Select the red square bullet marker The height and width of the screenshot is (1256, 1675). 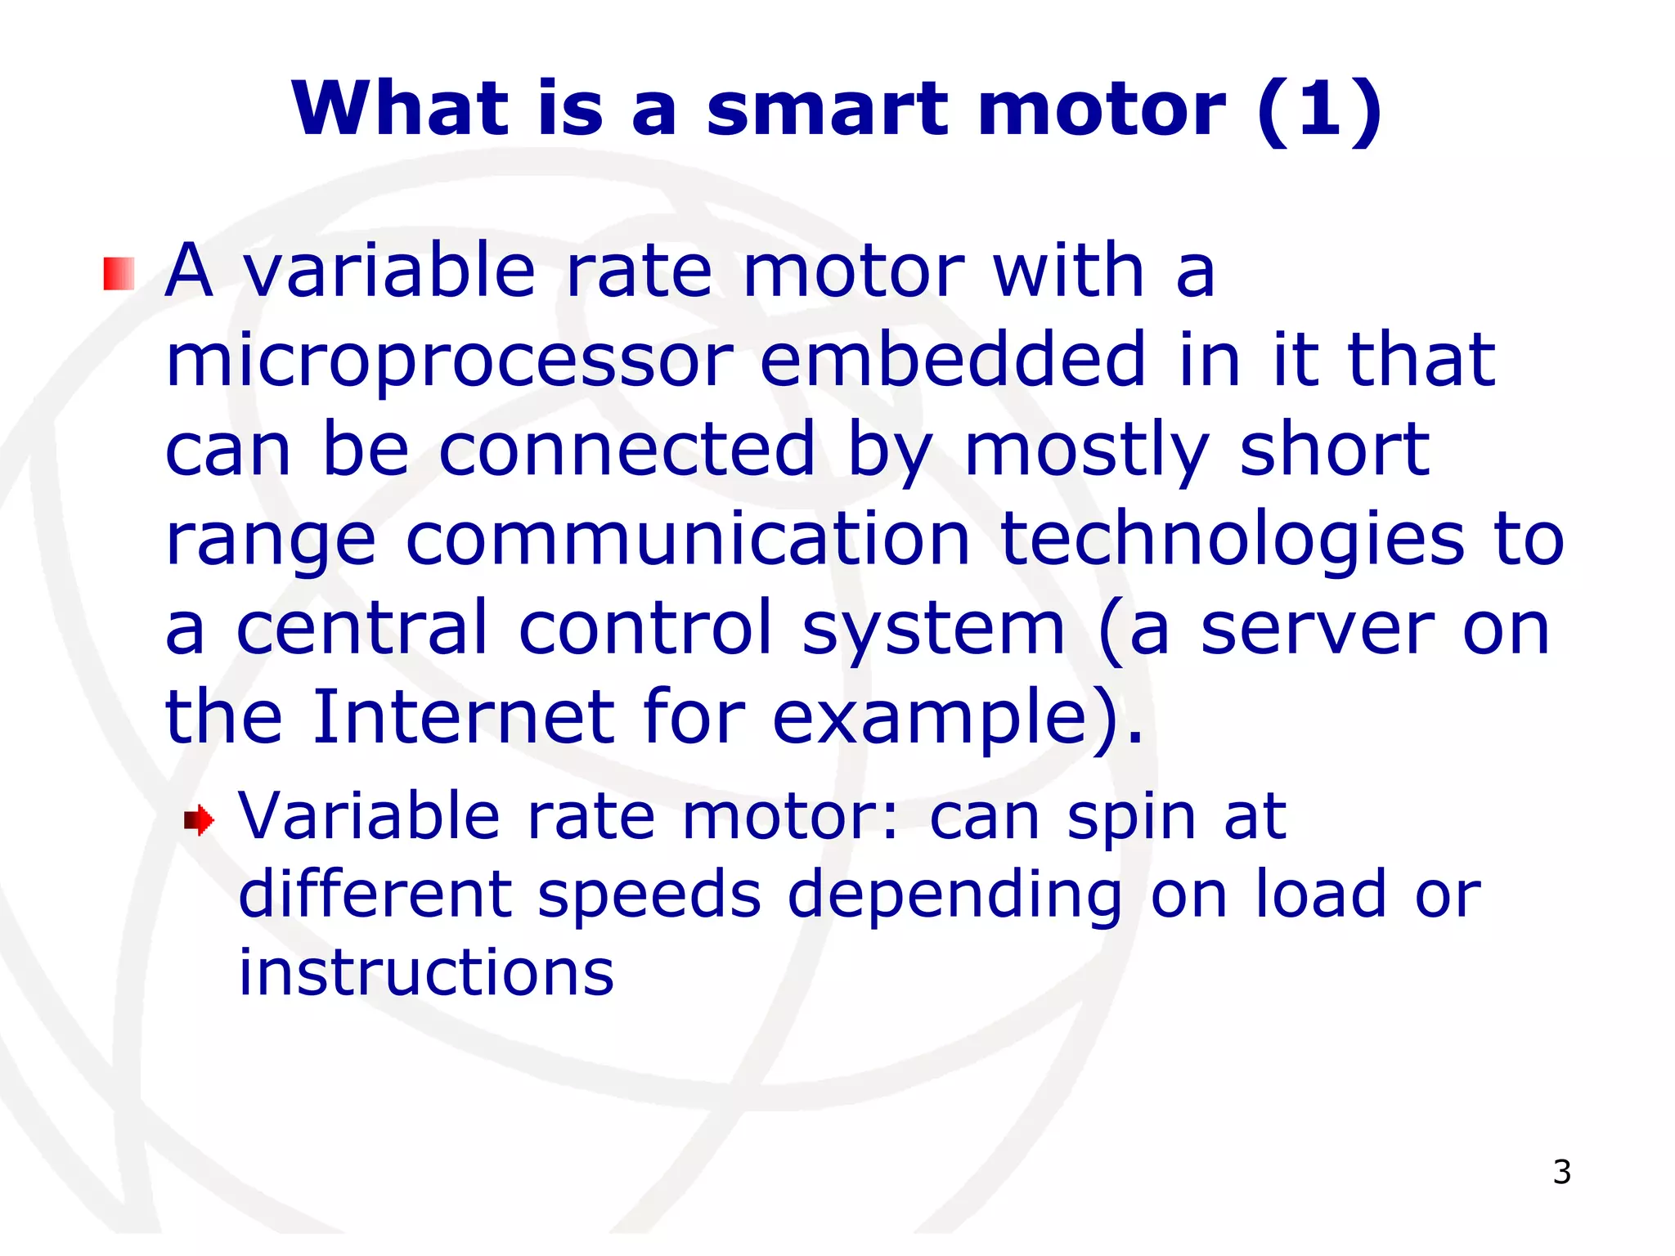click(119, 273)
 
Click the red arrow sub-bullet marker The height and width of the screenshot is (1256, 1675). click(199, 819)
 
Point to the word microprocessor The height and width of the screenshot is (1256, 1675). click(449, 361)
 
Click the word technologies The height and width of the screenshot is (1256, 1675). click(1232, 541)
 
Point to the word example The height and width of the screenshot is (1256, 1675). click(930, 720)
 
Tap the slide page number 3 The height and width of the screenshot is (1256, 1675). click(1561, 1172)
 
